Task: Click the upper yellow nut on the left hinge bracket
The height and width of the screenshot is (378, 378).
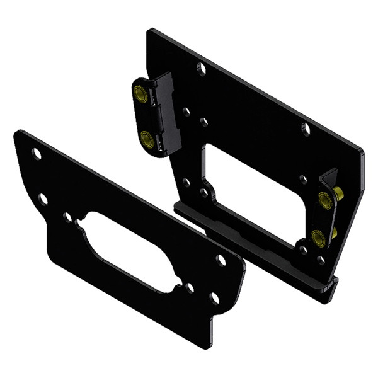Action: point(140,95)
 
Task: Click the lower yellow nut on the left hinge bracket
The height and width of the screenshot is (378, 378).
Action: point(146,139)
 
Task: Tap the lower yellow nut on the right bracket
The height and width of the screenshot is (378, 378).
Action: point(318,238)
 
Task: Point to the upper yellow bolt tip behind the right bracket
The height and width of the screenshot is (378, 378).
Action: point(339,194)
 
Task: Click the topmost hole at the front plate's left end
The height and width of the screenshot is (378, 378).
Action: point(37,154)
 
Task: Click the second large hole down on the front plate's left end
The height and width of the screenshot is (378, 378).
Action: point(43,199)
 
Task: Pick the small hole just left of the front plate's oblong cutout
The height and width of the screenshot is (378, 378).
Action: point(67,217)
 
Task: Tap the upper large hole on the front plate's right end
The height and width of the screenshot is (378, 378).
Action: point(221,260)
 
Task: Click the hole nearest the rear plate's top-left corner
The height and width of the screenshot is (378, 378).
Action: point(201,68)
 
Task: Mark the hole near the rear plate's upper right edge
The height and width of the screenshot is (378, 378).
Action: point(306,130)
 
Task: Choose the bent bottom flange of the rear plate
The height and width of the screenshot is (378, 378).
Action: point(252,252)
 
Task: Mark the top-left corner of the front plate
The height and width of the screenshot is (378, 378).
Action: point(19,134)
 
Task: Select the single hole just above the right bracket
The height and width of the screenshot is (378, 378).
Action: point(303,180)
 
